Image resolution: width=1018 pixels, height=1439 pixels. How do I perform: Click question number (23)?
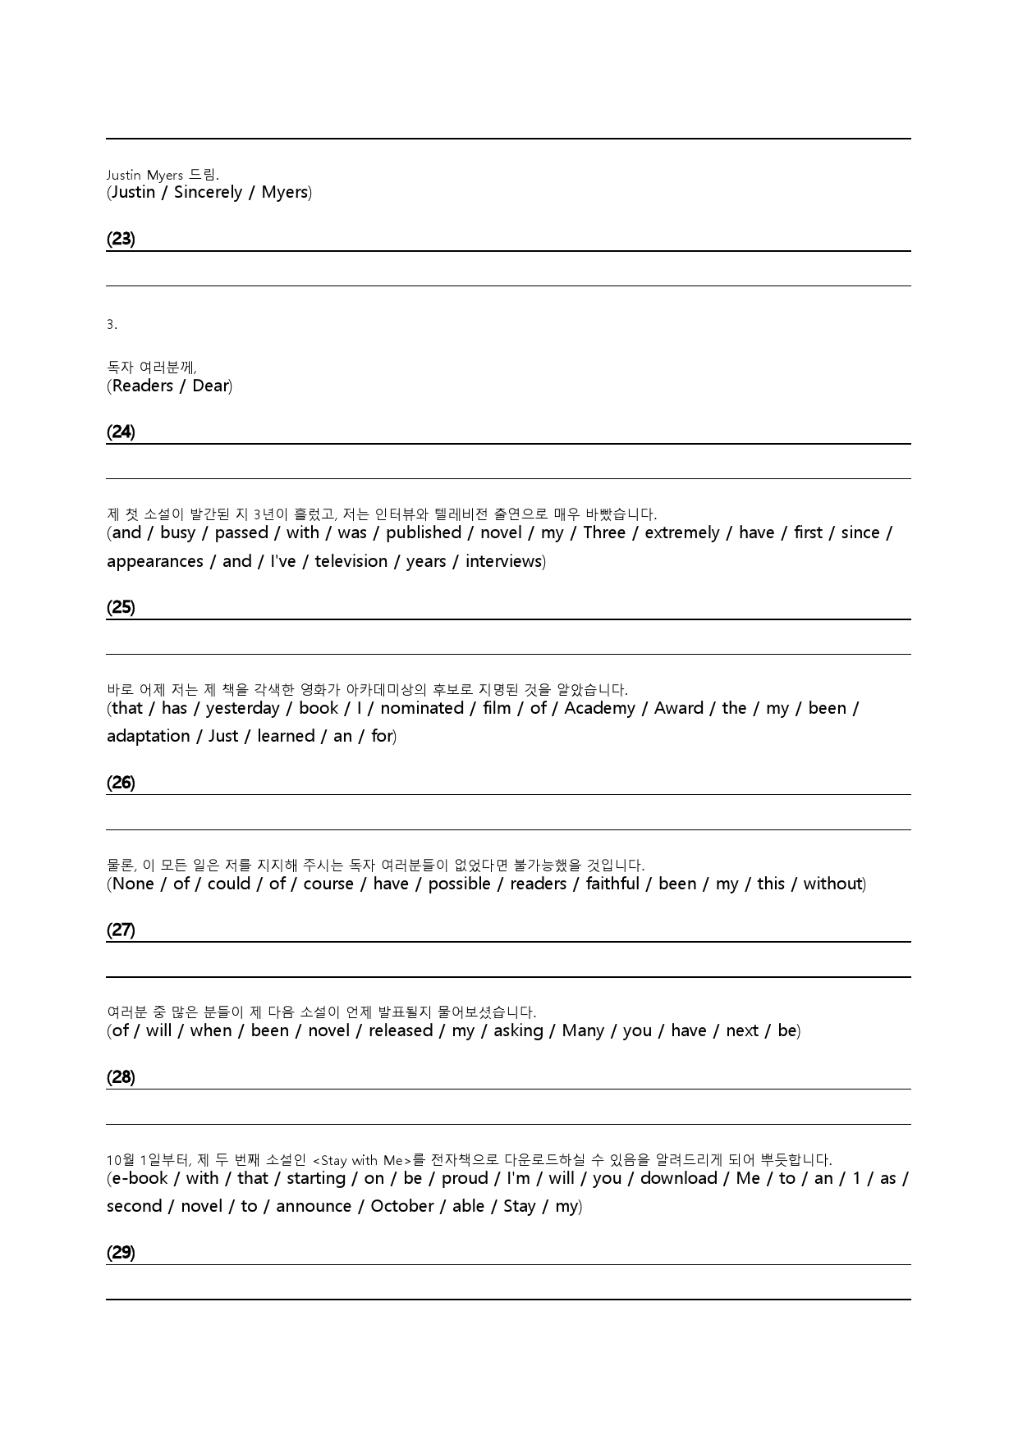click(121, 239)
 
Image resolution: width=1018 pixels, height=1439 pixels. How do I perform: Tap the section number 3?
click(112, 325)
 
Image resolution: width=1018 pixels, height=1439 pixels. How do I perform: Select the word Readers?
click(142, 386)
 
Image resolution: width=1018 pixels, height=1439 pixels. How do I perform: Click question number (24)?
click(121, 432)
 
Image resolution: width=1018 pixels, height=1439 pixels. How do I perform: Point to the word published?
click(424, 532)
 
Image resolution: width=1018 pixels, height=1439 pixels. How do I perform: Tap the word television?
click(351, 561)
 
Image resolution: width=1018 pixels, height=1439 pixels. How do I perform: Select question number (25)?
click(121, 607)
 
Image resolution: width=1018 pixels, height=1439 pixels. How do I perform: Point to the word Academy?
click(599, 708)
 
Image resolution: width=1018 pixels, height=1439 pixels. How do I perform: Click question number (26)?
click(121, 783)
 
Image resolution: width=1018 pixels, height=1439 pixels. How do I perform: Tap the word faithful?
click(612, 884)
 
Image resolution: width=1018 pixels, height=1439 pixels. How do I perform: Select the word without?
click(833, 884)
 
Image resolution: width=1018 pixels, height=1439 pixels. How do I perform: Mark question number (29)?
click(121, 1253)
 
